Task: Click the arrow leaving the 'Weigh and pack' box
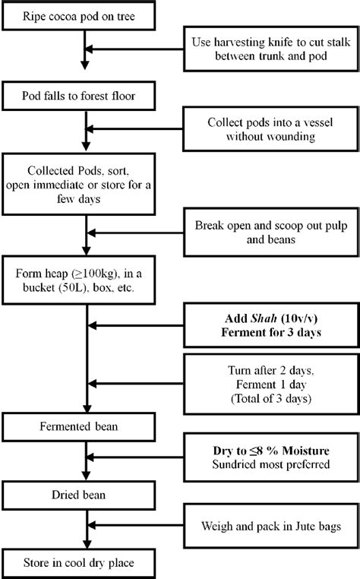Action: [x=137, y=525]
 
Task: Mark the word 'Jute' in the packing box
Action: [x=304, y=525]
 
